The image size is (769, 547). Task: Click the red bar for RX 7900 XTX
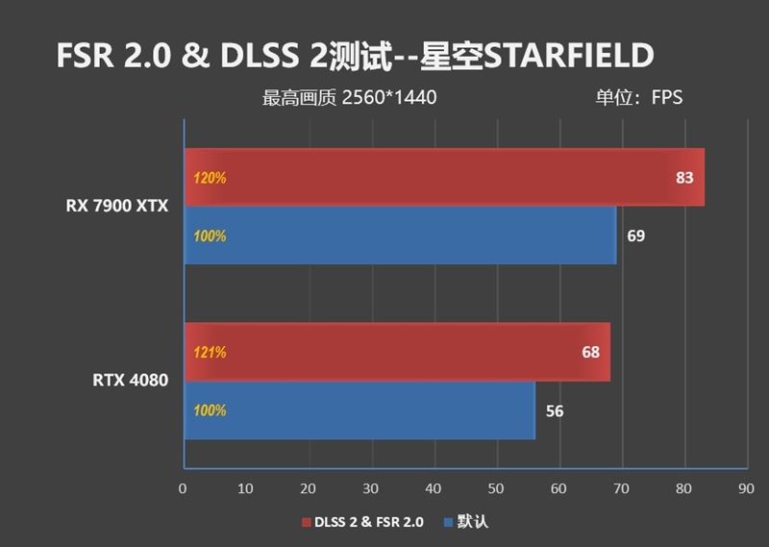pos(442,178)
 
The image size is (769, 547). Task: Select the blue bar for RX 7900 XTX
pos(399,236)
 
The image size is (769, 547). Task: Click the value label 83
pos(684,178)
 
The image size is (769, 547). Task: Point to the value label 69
pos(635,236)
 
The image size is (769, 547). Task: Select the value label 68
pos(590,352)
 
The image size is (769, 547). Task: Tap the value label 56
pos(555,411)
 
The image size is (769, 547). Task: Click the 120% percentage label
pos(210,178)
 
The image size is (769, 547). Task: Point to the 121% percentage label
pos(210,352)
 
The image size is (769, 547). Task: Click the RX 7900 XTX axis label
pos(117,206)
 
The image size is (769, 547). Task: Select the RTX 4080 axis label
pos(131,381)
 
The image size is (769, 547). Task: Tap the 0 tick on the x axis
pos(183,487)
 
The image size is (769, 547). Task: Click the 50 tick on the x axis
pos(496,487)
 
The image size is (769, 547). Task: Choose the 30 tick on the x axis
pos(371,487)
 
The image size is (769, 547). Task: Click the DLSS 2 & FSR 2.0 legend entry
pos(362,522)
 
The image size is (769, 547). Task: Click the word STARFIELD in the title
pos(568,57)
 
